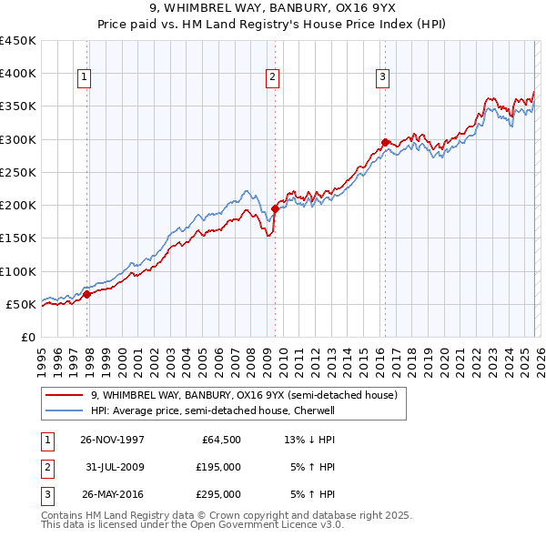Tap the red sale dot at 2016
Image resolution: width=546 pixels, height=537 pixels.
(x=385, y=142)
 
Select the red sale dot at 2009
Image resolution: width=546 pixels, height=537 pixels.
(x=275, y=208)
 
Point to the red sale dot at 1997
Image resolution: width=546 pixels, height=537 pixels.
(x=87, y=294)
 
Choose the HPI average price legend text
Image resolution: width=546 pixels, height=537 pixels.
(x=213, y=411)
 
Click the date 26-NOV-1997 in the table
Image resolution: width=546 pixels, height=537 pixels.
(x=113, y=440)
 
